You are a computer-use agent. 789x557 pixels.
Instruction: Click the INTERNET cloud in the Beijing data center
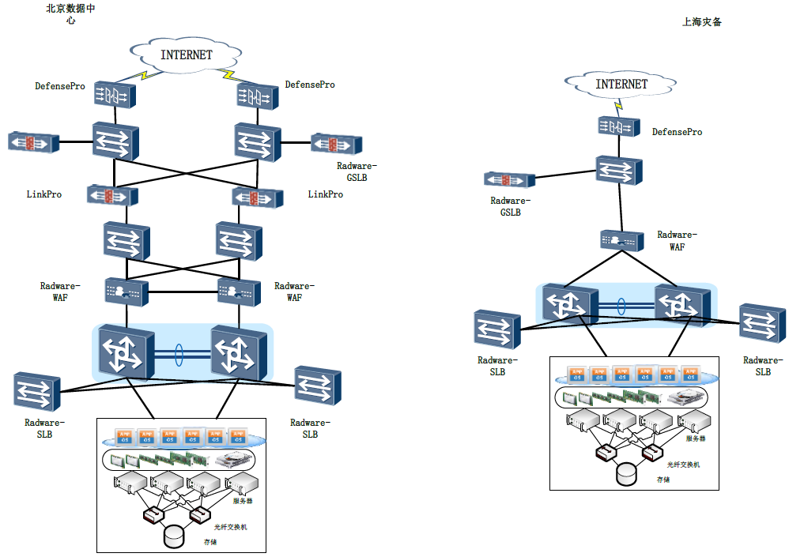pyautogui.click(x=187, y=55)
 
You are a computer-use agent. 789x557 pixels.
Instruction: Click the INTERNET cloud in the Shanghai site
pyautogui.click(x=621, y=84)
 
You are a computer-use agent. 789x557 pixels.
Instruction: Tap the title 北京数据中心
pyautogui.click(x=72, y=13)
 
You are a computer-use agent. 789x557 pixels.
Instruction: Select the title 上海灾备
pyautogui.click(x=702, y=22)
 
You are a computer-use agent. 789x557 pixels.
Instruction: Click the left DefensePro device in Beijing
pyautogui.click(x=114, y=96)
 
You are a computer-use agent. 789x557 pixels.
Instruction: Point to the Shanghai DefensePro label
pyautogui.click(x=677, y=132)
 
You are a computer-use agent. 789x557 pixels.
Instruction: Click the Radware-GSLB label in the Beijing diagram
pyautogui.click(x=357, y=171)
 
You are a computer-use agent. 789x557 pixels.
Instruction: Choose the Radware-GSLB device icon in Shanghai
pyautogui.click(x=507, y=181)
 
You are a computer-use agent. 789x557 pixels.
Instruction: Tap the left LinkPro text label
pyautogui.click(x=44, y=194)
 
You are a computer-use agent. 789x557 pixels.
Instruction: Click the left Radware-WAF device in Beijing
pyautogui.click(x=126, y=292)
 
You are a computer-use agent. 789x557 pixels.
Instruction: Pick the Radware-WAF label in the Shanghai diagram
pyautogui.click(x=677, y=240)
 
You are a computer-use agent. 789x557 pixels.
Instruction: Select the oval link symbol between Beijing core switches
pyautogui.click(x=179, y=354)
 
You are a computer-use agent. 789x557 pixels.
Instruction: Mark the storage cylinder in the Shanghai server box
pyautogui.click(x=627, y=472)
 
